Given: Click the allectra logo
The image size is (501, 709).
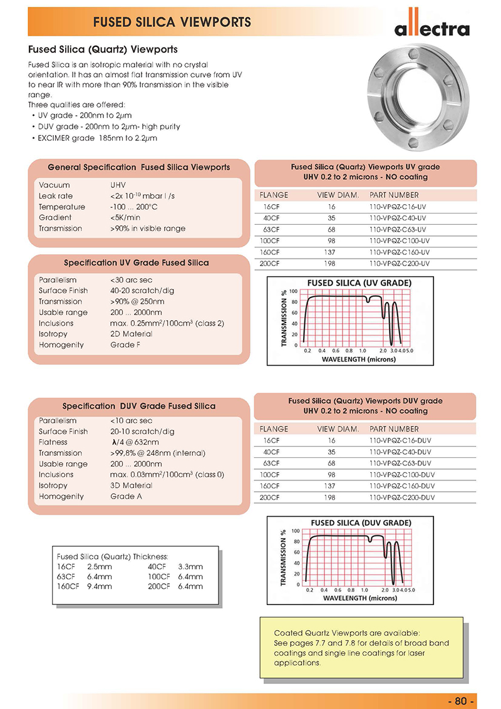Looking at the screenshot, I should click(x=431, y=28).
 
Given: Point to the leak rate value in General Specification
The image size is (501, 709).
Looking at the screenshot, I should click(x=143, y=196).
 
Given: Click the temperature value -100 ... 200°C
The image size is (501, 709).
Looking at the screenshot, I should click(x=133, y=207).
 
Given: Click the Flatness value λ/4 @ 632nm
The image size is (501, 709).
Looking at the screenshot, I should click(x=135, y=442).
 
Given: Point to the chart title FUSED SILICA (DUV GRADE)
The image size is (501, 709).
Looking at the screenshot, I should click(x=361, y=522).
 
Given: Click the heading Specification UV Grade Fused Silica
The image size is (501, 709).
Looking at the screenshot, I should click(x=137, y=262).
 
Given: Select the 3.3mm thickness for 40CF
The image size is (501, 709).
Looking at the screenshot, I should click(x=190, y=566).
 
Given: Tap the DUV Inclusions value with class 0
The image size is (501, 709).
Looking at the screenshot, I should click(x=167, y=475).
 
